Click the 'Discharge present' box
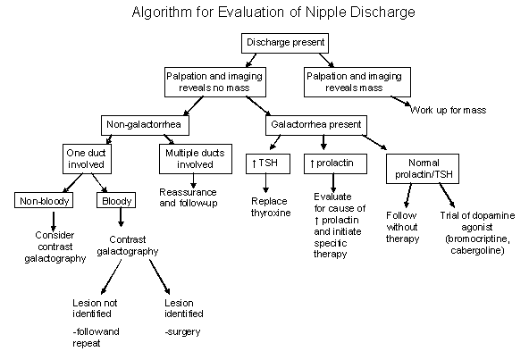[x=285, y=43]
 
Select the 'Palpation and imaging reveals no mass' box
[x=215, y=82]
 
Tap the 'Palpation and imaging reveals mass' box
[x=357, y=82]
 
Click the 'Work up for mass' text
[x=448, y=110]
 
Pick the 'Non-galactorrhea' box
[x=145, y=125]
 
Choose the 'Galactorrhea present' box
[x=316, y=125]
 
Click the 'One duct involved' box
[x=87, y=159]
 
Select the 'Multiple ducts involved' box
[x=196, y=159]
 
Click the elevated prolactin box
[x=335, y=164]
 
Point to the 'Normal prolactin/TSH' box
[x=423, y=169]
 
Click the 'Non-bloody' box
[x=44, y=200]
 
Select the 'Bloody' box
[x=116, y=200]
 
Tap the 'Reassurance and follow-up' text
[x=189, y=197]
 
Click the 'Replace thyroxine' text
[x=271, y=207]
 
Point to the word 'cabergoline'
[x=477, y=250]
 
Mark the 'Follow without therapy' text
[x=402, y=227]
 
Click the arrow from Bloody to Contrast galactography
[x=121, y=217]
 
